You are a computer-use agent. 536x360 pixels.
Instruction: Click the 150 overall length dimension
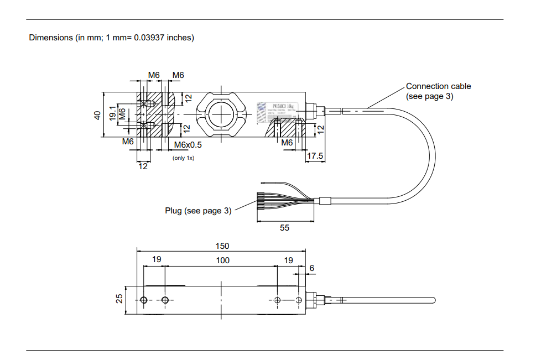(222, 246)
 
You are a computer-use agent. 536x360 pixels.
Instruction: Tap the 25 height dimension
(119, 299)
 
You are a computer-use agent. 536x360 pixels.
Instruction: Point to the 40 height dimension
(97, 115)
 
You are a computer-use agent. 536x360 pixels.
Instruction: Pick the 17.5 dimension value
(315, 156)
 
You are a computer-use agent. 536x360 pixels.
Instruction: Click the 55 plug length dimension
(284, 227)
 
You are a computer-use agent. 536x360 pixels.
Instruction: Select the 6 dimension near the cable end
(312, 268)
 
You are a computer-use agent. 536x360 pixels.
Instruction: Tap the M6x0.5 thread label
(188, 145)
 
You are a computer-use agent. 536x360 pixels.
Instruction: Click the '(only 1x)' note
(183, 158)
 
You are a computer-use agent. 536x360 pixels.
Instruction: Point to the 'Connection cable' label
(438, 86)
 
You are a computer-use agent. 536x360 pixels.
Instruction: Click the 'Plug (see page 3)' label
(198, 211)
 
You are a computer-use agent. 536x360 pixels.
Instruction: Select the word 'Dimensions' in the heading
(51, 38)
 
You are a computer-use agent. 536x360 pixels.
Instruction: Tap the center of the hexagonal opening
(222, 115)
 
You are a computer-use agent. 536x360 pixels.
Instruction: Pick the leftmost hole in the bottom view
(144, 300)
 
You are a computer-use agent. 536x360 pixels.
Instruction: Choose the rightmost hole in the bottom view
(299, 300)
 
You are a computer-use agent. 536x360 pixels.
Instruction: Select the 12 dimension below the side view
(143, 166)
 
